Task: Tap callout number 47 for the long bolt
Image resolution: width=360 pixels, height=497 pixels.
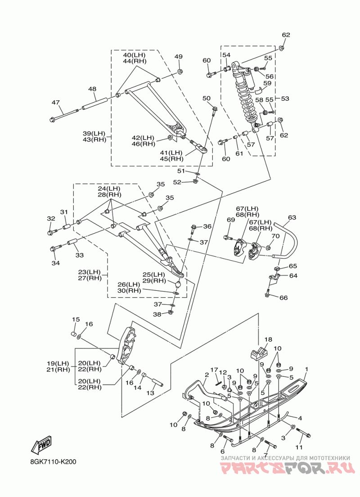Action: [56, 102]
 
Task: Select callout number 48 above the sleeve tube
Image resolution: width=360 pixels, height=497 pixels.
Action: [92, 89]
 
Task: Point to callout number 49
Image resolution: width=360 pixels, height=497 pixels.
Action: [178, 57]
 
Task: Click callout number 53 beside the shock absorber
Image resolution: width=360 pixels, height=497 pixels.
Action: [285, 99]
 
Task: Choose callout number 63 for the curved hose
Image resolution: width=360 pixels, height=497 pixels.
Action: [292, 217]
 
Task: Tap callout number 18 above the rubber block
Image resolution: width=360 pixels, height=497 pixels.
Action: [268, 339]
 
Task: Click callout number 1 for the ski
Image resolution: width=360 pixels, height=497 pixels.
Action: [306, 369]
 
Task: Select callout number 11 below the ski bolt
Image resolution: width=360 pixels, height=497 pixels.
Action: [299, 447]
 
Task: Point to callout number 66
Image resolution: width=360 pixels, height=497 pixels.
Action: [283, 298]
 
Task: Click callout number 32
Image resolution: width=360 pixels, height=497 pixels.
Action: [51, 218]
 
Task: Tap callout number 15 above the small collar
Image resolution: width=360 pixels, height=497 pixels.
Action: [76, 319]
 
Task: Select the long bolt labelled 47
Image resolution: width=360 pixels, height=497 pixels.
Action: [64, 115]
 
